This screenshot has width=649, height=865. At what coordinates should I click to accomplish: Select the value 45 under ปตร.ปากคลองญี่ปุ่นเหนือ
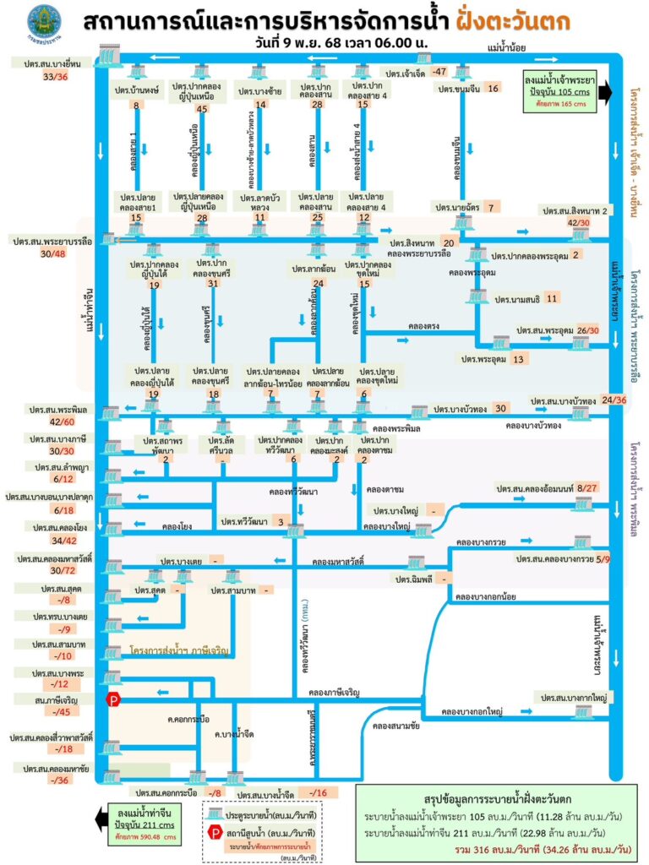point(201,109)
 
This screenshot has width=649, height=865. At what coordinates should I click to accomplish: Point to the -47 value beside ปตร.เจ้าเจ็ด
point(439,72)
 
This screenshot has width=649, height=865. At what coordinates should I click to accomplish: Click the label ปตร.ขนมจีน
point(459,88)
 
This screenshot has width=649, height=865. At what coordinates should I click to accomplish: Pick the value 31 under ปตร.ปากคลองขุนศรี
point(212,284)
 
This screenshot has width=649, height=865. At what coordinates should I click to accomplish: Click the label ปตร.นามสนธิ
point(517,298)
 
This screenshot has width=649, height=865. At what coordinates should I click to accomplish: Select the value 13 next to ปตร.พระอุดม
point(518,358)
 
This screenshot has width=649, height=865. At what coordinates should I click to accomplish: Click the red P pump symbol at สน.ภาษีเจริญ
point(112,699)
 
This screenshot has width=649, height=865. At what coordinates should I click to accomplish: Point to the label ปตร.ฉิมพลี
point(412,579)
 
